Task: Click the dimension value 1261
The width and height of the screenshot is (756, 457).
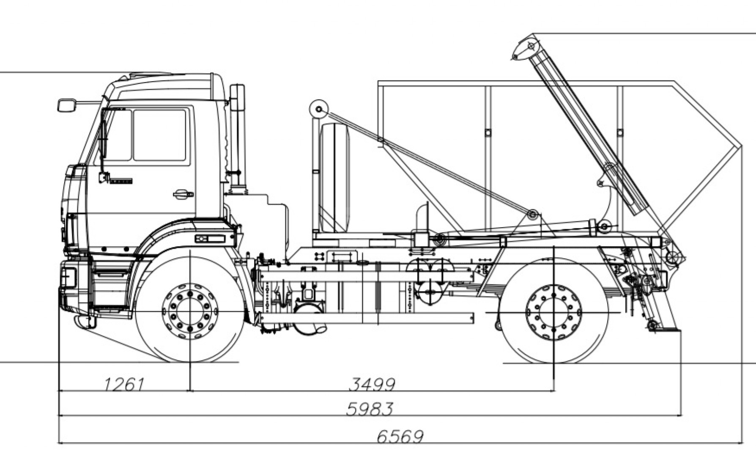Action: pyautogui.click(x=124, y=385)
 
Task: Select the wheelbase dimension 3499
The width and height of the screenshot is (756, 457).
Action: pyautogui.click(x=372, y=385)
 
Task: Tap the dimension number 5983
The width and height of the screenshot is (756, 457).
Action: pyautogui.click(x=370, y=409)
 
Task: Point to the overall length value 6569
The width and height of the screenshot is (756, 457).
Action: pyautogui.click(x=400, y=436)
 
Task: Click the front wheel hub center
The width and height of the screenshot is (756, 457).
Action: pyautogui.click(x=190, y=311)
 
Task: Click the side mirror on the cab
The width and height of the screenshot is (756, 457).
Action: pyautogui.click(x=66, y=105)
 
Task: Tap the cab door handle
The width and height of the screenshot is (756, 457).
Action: pyautogui.click(x=183, y=194)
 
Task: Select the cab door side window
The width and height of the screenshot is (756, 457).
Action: pyautogui.click(x=159, y=135)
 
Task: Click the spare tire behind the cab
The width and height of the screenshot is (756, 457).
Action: pyautogui.click(x=335, y=178)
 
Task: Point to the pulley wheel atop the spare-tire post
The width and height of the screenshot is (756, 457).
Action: pyautogui.click(x=319, y=110)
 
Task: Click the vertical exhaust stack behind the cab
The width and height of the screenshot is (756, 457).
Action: pyautogui.click(x=238, y=135)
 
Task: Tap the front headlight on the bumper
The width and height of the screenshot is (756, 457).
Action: pyautogui.click(x=68, y=277)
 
